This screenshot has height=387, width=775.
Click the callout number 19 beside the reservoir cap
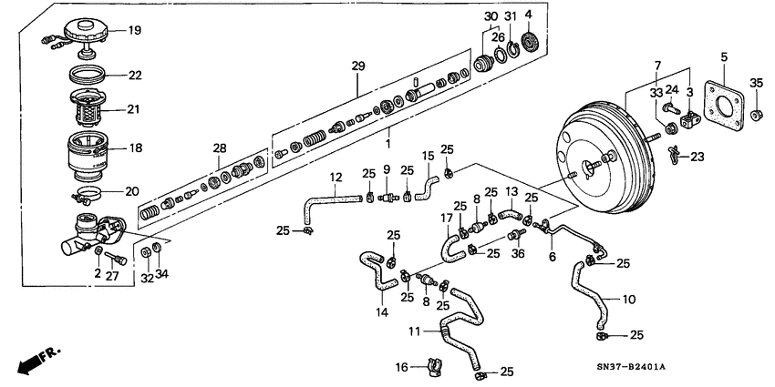(x=134, y=30)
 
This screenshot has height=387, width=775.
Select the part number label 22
(x=134, y=75)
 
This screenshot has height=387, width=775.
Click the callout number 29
(x=356, y=67)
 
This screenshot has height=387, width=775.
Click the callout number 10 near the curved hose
(x=630, y=298)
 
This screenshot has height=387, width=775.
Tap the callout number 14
(x=381, y=312)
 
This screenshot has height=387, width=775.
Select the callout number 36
(x=519, y=254)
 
